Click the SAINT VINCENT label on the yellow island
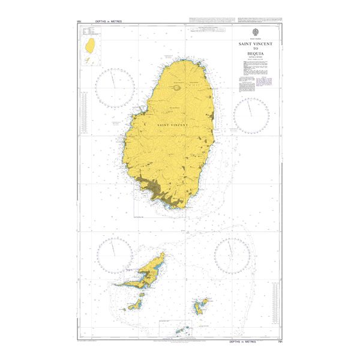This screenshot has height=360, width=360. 172,125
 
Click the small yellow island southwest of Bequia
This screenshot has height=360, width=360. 134,305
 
